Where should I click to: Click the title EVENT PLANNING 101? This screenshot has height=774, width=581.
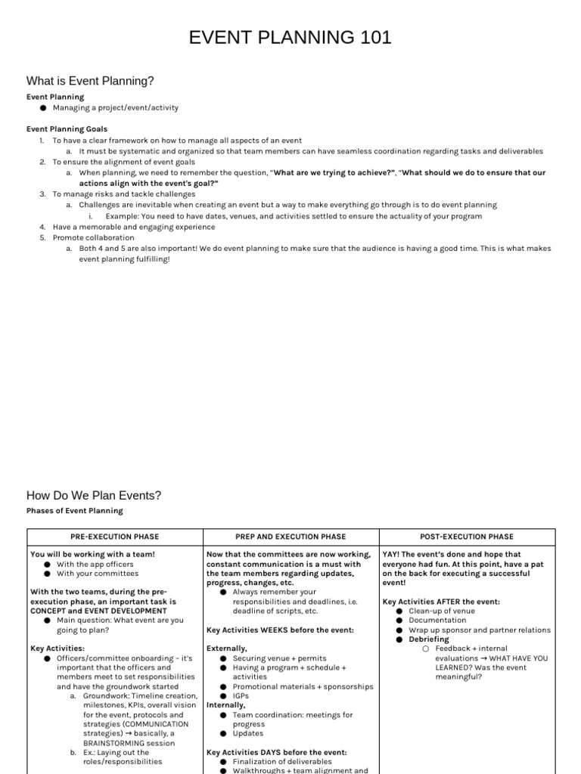point(290,37)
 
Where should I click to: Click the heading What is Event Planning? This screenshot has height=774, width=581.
point(90,81)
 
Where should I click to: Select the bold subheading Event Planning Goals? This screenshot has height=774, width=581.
point(67,129)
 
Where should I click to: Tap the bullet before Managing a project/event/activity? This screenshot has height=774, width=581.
point(44,108)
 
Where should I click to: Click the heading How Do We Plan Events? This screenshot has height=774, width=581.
point(94,496)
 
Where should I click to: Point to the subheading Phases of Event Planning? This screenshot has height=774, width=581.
point(75,511)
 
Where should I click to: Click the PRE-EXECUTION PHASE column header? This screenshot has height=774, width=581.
point(115,537)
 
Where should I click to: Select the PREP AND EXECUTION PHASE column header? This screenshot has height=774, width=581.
point(290,537)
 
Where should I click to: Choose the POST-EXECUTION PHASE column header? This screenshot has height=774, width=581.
point(467,537)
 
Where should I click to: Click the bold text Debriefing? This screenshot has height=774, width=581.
point(429,639)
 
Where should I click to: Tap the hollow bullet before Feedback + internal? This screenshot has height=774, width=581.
point(426,649)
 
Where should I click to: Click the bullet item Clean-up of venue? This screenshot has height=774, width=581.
point(442,611)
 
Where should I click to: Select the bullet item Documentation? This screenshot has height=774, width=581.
point(437,621)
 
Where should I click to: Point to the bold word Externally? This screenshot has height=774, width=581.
point(227,649)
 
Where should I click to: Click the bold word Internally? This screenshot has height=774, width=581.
point(226,705)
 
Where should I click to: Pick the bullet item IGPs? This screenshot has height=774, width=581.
point(241,696)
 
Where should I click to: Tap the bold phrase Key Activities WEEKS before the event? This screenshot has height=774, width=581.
point(280,630)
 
